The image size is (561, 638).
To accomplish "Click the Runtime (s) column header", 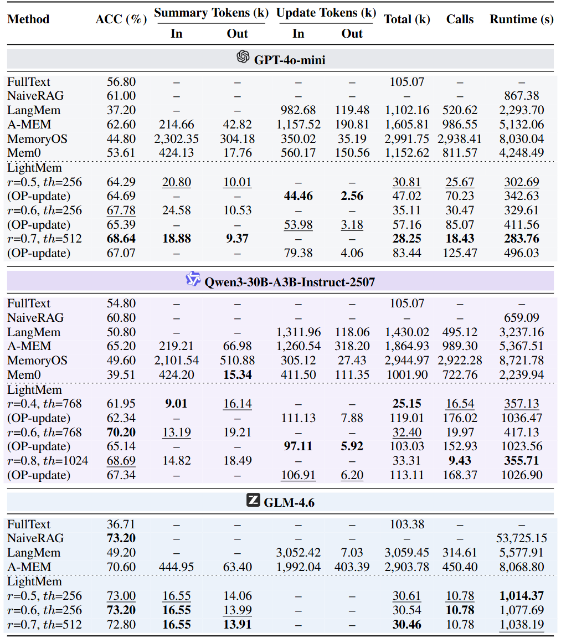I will point(521,19).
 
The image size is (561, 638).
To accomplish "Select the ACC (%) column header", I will point(121,19).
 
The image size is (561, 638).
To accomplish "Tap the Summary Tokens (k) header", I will point(210,12).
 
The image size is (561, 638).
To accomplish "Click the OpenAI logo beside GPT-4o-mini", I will point(243,57).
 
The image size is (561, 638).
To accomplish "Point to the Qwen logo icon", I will point(193,280).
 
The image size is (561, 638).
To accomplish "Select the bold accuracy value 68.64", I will point(121,239).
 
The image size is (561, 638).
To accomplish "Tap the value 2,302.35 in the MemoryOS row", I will point(176,138).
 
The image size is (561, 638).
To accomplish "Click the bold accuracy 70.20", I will point(121,432).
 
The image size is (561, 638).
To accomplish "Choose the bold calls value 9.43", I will point(460,461).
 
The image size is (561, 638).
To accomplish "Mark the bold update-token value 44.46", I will point(298,196).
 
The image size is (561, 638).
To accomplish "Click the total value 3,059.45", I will point(407,553).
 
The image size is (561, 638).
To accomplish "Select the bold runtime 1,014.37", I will point(521,596).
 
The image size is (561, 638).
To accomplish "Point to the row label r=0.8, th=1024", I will point(47,461).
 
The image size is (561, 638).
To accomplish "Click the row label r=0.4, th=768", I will point(44,404).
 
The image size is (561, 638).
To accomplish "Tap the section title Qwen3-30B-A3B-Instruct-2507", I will point(290,282).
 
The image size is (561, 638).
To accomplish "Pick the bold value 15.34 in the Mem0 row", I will point(237,375).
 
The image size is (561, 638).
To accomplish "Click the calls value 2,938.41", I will point(460,138).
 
